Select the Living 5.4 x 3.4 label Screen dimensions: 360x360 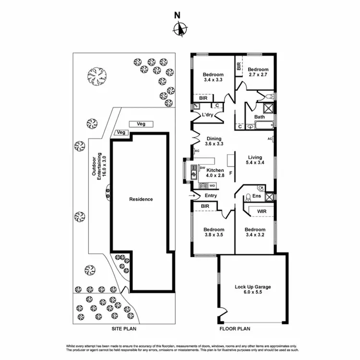tap(254, 160)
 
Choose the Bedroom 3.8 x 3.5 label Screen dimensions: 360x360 tap(213, 232)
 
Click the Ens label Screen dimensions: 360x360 tap(256, 196)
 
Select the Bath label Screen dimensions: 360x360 tap(259, 117)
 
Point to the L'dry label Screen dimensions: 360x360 tap(207, 115)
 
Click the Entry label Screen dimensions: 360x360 tap(211, 196)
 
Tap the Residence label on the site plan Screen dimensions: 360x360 tap(140, 199)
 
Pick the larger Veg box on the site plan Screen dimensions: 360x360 tap(141, 124)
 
